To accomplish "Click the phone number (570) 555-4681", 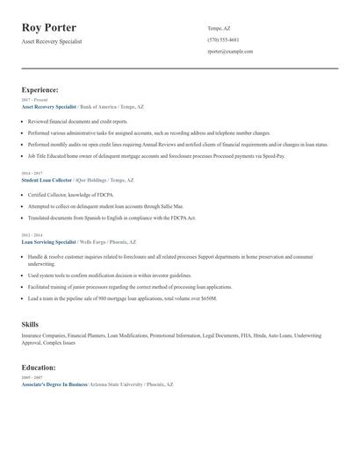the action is point(223,39).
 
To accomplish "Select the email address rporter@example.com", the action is point(230,52).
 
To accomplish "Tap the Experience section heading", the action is point(40,89).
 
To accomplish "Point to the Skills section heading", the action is point(30,325).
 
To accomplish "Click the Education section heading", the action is point(39,368).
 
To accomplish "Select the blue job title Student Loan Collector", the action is point(47,180).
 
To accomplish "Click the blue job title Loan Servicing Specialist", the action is point(49,241).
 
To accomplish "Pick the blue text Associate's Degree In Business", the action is point(54,384).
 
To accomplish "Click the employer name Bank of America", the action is point(97,106).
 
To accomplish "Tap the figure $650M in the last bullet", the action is point(207,298).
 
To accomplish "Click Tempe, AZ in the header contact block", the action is point(220,27).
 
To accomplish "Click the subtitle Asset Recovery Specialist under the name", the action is point(52,41).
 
